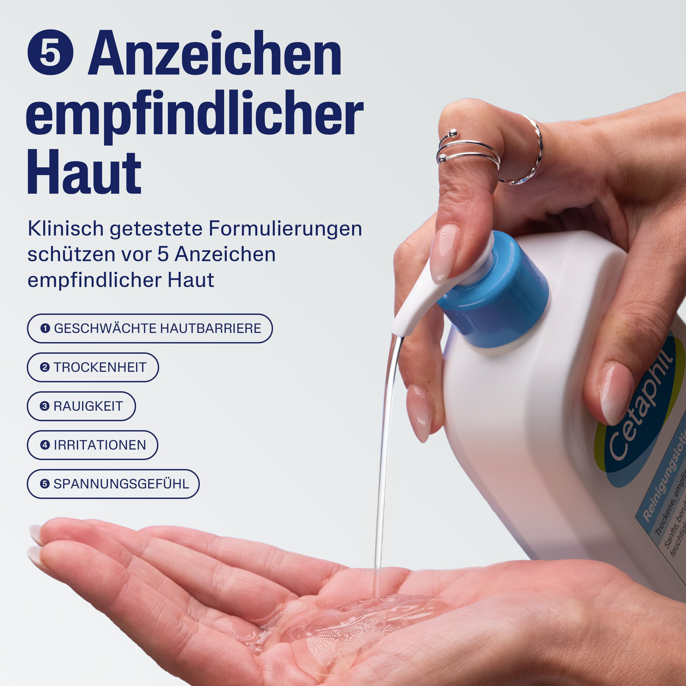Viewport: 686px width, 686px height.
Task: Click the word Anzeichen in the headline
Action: (x=215, y=53)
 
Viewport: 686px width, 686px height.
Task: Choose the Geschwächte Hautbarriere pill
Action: (x=150, y=328)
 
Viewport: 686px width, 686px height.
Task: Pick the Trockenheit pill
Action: (x=93, y=367)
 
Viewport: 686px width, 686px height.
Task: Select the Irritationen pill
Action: (x=92, y=445)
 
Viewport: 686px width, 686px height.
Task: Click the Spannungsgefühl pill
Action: (x=113, y=484)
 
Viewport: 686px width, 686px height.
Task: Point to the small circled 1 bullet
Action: (x=45, y=328)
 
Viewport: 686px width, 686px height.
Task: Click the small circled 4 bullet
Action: (x=45, y=445)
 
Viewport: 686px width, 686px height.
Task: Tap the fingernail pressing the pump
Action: (x=444, y=254)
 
